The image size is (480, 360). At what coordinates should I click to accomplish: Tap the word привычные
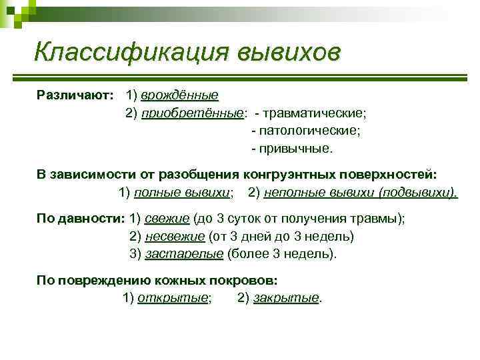(x=297, y=148)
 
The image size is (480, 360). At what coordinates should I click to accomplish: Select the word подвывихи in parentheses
(x=417, y=193)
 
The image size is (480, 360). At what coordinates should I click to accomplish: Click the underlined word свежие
(x=167, y=219)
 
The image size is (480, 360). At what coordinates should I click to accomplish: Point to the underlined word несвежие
(x=173, y=236)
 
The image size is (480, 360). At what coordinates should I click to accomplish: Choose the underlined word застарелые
(x=183, y=254)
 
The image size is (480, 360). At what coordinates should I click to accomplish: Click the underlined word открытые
(x=173, y=298)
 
